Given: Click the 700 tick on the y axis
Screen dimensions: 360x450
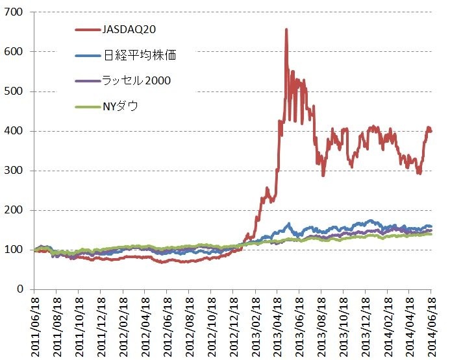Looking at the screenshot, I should click(15, 12).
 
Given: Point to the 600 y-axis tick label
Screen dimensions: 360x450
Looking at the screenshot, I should click(15, 52).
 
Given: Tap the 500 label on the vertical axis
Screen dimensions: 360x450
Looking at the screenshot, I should click(15, 91).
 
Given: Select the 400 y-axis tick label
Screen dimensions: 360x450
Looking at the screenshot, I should click(15, 131).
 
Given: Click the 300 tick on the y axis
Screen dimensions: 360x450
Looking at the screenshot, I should click(15, 171).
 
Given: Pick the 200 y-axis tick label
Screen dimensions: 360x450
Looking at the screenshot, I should click(15, 210).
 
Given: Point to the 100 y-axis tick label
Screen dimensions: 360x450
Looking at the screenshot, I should click(15, 250).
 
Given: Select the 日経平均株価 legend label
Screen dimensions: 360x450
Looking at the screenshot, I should click(140, 56).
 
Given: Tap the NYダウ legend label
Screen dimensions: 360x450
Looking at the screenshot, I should click(120, 106).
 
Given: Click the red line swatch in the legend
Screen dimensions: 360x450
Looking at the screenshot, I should click(87, 29).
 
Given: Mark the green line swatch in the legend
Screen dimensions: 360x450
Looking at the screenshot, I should click(87, 106).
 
